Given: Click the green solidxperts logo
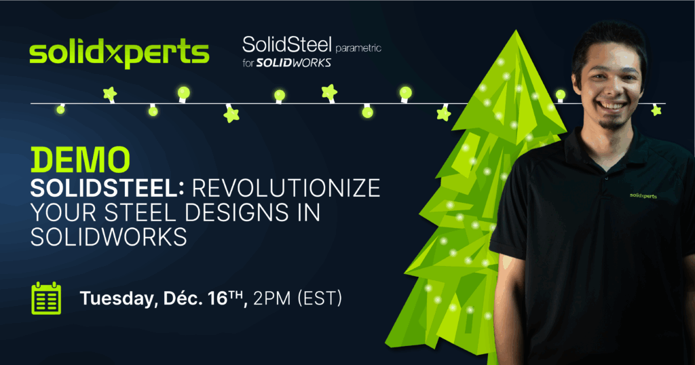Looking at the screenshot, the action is (x=119, y=53).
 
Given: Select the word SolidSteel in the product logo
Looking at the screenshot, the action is (x=287, y=45).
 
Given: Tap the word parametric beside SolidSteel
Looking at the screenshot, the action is (x=358, y=48).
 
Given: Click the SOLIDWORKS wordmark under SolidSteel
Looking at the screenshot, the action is (x=294, y=63).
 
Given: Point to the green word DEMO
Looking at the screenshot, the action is (x=80, y=159).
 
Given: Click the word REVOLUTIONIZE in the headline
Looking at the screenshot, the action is (x=286, y=188).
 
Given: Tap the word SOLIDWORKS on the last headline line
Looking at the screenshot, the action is (x=109, y=237).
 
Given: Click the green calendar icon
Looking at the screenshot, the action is (x=46, y=298).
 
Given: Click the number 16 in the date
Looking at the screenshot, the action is (x=218, y=299).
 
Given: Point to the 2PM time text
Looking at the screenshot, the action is (x=271, y=299).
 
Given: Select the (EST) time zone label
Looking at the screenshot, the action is (x=320, y=299).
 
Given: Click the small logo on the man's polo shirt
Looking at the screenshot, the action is (x=643, y=195).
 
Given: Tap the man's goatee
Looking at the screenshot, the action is (x=612, y=123).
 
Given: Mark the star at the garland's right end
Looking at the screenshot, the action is (x=656, y=110).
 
